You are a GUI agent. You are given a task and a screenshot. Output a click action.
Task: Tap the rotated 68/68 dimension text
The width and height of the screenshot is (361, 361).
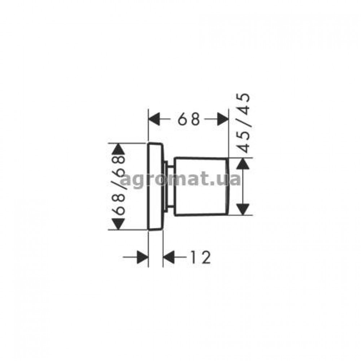click(118, 186)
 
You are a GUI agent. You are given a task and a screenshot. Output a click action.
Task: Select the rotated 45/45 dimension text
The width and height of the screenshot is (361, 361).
click(244, 123)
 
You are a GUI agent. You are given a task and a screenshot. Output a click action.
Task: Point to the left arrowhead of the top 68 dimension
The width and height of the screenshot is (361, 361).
click(154, 119)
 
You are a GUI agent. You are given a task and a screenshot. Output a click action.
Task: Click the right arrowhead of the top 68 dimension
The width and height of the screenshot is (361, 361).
click(223, 119)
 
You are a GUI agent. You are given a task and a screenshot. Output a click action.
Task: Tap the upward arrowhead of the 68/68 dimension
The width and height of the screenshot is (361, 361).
click(118, 149)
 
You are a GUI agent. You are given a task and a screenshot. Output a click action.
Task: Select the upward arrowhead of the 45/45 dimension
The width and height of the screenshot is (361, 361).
click(243, 164)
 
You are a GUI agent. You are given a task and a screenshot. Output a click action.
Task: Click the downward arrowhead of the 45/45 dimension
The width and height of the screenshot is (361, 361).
click(243, 209)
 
